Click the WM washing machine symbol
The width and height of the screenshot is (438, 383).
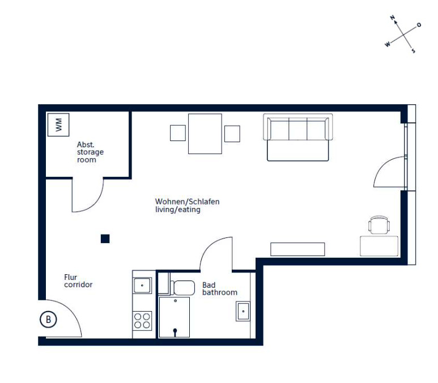pos(58,124)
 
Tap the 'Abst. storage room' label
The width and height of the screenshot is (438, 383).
pos(90,152)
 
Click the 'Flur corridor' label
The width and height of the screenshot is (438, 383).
pos(78,281)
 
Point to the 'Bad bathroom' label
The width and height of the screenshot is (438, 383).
pos(219,289)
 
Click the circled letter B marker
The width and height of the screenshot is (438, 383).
pos(49,320)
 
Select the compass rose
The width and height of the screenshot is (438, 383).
pos(403,35)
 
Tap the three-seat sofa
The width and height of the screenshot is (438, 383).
pos(297,137)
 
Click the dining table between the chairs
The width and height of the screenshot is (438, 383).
pos(205,134)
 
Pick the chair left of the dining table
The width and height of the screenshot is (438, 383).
pos(178,133)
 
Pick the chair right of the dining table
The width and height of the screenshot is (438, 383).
pos(232,134)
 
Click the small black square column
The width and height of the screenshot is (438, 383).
pos(105,239)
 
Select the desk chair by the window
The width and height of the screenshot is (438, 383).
pos(379,225)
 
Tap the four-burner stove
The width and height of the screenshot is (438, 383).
pos(142,321)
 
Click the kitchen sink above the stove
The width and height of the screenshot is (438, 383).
pos(142,284)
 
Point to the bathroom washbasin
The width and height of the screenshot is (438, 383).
pos(243,311)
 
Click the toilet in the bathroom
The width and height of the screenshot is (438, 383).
pos(181,287)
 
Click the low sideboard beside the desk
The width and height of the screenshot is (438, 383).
pos(297,249)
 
